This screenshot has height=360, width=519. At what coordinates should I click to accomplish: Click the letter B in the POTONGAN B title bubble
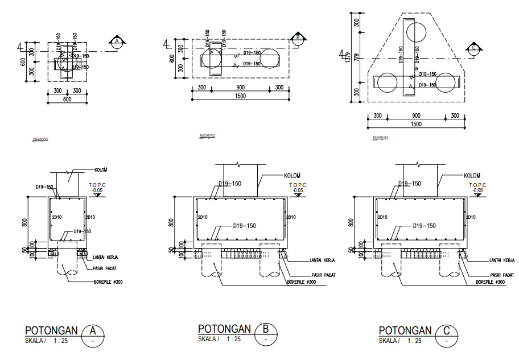click(266, 329)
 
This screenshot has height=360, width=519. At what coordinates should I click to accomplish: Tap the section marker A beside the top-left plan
click(117, 42)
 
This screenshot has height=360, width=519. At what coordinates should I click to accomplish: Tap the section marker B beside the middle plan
click(298, 39)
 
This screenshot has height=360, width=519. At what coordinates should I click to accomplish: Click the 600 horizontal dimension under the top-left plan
click(67, 100)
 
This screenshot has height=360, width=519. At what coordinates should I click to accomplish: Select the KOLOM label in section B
click(291, 175)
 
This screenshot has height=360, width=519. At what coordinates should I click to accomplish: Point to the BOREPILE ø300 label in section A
click(109, 281)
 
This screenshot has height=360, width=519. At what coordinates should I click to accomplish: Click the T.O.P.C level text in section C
click(477, 185)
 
